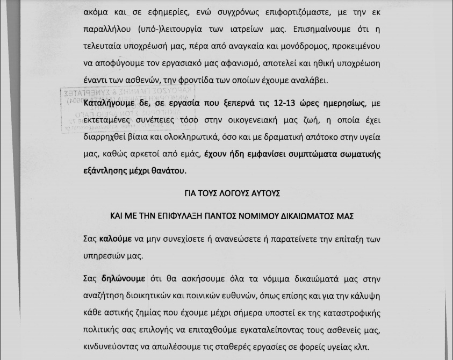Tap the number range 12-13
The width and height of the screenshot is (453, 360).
coord(290,103)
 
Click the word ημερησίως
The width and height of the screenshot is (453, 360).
coord(343,103)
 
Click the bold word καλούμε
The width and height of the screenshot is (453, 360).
coord(116,239)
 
